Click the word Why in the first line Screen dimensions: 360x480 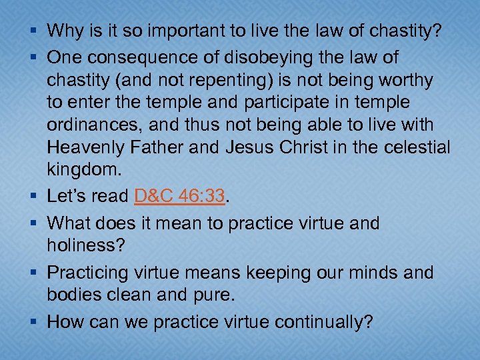pyautogui.click(x=65, y=31)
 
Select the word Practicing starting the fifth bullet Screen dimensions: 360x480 pyautogui.click(x=91, y=273)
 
